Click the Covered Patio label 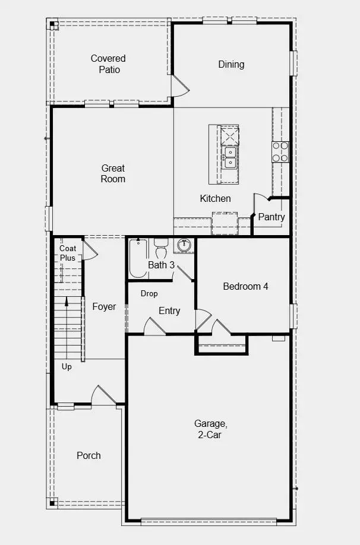108,64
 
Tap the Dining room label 231,64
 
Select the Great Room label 113,173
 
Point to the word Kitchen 215,198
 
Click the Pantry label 271,217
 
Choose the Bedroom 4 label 245,286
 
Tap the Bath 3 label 161,265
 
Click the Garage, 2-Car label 210,429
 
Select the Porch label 89,455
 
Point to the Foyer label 104,306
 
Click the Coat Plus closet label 68,253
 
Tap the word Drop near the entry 149,293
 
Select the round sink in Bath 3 185,245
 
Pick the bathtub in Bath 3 138,258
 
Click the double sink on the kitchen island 229,158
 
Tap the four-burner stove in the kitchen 280,152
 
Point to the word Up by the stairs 67,367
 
